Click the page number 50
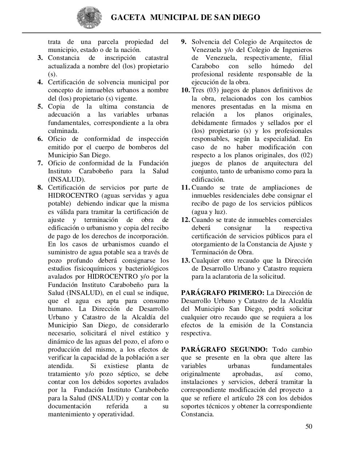click(308, 426)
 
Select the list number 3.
click(40, 58)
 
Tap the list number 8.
click(40, 188)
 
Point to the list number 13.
click(185, 260)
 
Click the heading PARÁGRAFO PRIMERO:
click(223, 293)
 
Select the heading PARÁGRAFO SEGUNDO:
click(224, 349)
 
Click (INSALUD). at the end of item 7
click(67, 179)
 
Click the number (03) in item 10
click(212, 90)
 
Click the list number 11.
click(185, 188)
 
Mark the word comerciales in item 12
click(294, 220)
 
